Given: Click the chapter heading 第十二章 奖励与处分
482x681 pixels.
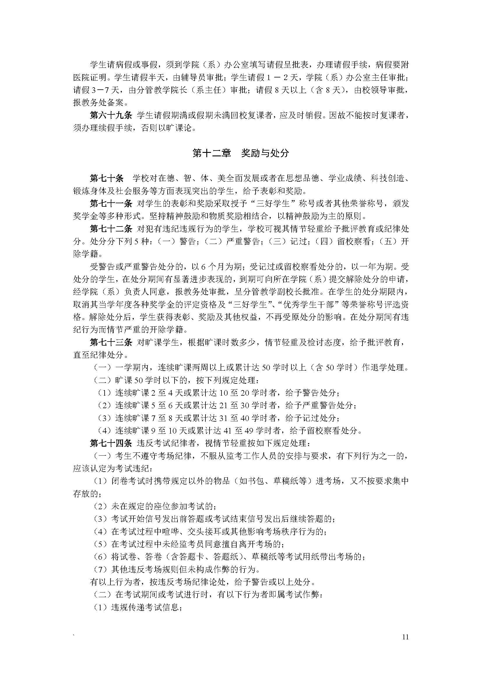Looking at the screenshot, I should (241, 153).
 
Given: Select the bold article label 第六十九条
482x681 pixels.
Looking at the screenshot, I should (111, 115).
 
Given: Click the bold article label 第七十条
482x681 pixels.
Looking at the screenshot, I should (107, 178).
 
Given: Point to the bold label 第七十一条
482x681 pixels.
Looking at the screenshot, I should (111, 204).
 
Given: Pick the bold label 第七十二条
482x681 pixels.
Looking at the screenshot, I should (111, 229).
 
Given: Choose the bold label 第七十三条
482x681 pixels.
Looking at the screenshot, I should (111, 343).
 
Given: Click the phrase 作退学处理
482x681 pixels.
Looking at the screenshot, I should (384, 368).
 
